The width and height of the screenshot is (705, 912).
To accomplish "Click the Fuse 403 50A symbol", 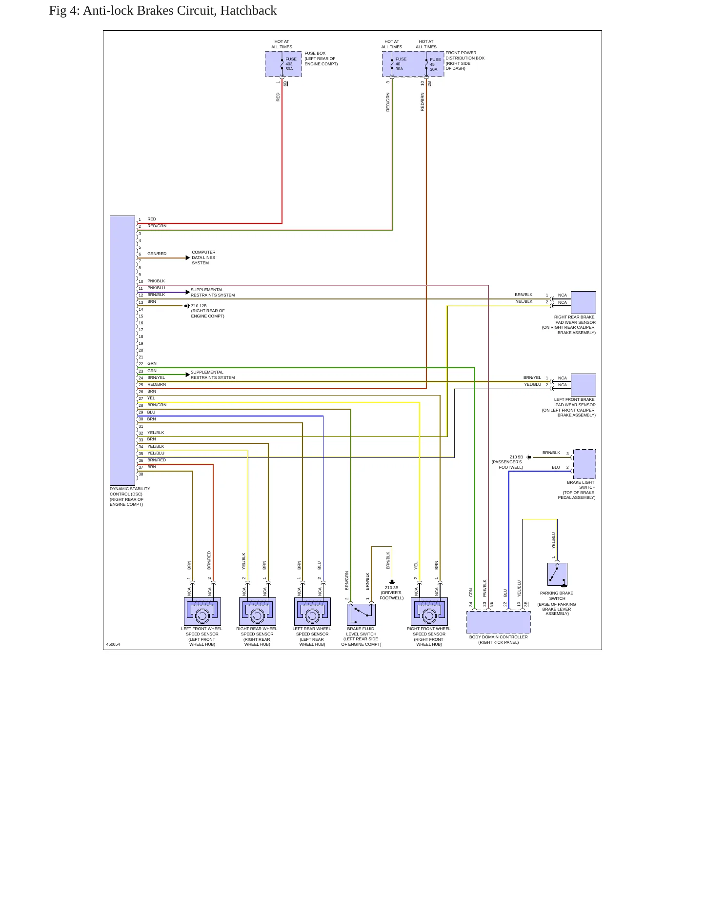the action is [282, 64].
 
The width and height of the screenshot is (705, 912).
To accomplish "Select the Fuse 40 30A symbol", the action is [392, 64].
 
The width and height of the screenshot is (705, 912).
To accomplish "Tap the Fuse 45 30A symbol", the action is [426, 64].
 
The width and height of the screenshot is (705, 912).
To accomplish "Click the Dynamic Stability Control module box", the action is [122, 350].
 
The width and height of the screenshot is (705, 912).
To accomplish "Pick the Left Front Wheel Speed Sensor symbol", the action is [202, 612].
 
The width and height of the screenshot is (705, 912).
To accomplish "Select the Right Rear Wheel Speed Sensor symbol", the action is [258, 612].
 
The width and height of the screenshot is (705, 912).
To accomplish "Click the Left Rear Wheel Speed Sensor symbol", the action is [313, 612].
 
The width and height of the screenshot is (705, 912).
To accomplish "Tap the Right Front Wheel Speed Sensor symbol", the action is [429, 612].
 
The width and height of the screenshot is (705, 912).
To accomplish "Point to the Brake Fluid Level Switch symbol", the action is [361, 615].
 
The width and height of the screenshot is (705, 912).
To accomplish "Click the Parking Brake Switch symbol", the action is [557, 575].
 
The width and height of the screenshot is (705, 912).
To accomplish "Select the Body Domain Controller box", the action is [499, 622].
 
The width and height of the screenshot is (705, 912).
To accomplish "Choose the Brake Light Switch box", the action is [584, 464].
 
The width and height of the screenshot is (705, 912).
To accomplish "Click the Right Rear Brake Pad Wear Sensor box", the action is [584, 302].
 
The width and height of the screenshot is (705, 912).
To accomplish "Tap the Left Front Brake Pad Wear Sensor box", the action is [584, 385].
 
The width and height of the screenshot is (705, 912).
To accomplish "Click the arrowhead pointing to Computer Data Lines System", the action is [188, 258].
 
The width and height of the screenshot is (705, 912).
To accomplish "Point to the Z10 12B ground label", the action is [199, 306].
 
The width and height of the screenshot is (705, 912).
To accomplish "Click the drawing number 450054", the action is [113, 644].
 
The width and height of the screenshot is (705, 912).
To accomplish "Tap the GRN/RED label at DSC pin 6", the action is [157, 254].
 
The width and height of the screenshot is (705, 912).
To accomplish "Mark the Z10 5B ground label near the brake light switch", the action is [516, 457].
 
